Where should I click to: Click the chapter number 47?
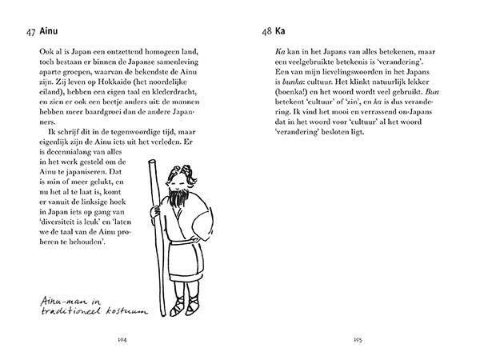coord(30,32)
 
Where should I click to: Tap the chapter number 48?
coord(266,32)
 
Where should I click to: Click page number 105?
coord(358,339)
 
